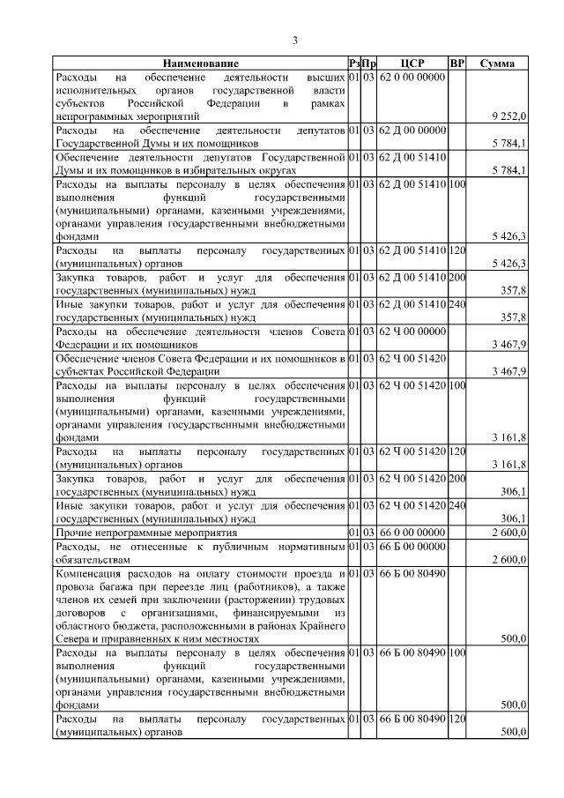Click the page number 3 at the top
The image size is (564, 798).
pyautogui.click(x=296, y=41)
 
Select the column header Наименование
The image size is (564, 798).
pyautogui.click(x=200, y=64)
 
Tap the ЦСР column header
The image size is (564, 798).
pyautogui.click(x=412, y=64)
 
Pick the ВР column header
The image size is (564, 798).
pyautogui.click(x=456, y=64)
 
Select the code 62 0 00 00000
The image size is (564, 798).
pyautogui.click(x=412, y=78)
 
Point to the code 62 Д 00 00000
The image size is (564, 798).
pyautogui.click(x=412, y=131)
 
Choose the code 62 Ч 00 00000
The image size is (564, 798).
pyautogui.click(x=412, y=332)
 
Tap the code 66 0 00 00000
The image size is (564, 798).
pyautogui.click(x=412, y=533)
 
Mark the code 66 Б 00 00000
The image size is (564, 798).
pyautogui.click(x=412, y=547)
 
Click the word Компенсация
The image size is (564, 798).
pyautogui.click(x=91, y=573)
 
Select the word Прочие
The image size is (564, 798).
pyautogui.click(x=74, y=533)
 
